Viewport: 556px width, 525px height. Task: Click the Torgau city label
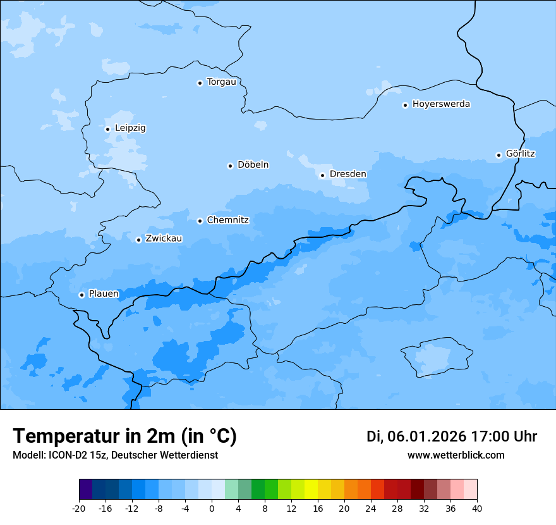pyautogui.click(x=221, y=82)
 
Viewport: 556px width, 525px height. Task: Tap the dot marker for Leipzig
pyautogui.click(x=107, y=129)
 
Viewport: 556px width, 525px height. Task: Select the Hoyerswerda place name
pyautogui.click(x=441, y=104)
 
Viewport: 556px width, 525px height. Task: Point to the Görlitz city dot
pyautogui.click(x=499, y=155)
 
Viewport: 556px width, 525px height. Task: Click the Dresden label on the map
pyautogui.click(x=347, y=174)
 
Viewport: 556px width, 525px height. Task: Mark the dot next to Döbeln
pyautogui.click(x=230, y=166)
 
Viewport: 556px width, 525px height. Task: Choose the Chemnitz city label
pyautogui.click(x=227, y=220)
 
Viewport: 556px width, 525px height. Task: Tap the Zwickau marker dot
pyautogui.click(x=138, y=240)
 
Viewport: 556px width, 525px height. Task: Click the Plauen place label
pyautogui.click(x=103, y=294)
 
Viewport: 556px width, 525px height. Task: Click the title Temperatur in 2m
pyautogui.click(x=124, y=436)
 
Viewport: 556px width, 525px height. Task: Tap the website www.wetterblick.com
pyautogui.click(x=456, y=455)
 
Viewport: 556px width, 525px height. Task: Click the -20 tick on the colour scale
pyautogui.click(x=79, y=509)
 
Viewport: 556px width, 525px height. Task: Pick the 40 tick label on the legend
pyautogui.click(x=477, y=509)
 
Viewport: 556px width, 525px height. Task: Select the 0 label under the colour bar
pyautogui.click(x=212, y=509)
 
